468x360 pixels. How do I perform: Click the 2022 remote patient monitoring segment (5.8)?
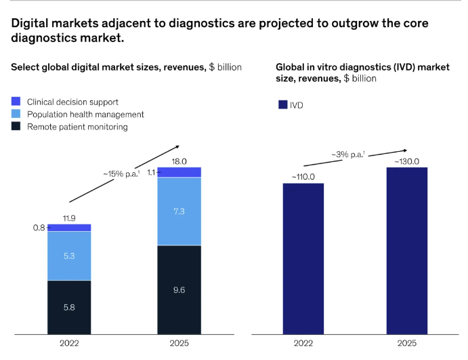coord(69,306)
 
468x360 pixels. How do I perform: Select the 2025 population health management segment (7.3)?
coord(179,211)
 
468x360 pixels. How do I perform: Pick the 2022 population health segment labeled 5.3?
coord(69,256)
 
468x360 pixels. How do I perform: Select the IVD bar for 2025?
coord(406,250)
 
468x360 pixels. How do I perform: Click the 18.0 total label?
coord(179,161)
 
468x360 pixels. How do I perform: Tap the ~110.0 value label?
coord(303,176)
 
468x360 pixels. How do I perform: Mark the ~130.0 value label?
coord(406,161)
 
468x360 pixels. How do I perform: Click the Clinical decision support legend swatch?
coord(16,102)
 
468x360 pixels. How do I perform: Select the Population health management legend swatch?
coord(16,114)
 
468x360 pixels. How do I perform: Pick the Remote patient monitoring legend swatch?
coord(16,126)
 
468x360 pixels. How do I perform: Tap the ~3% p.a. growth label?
coord(347,155)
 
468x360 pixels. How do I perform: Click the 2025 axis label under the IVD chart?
coord(406,343)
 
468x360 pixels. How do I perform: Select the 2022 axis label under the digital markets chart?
coord(69,343)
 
